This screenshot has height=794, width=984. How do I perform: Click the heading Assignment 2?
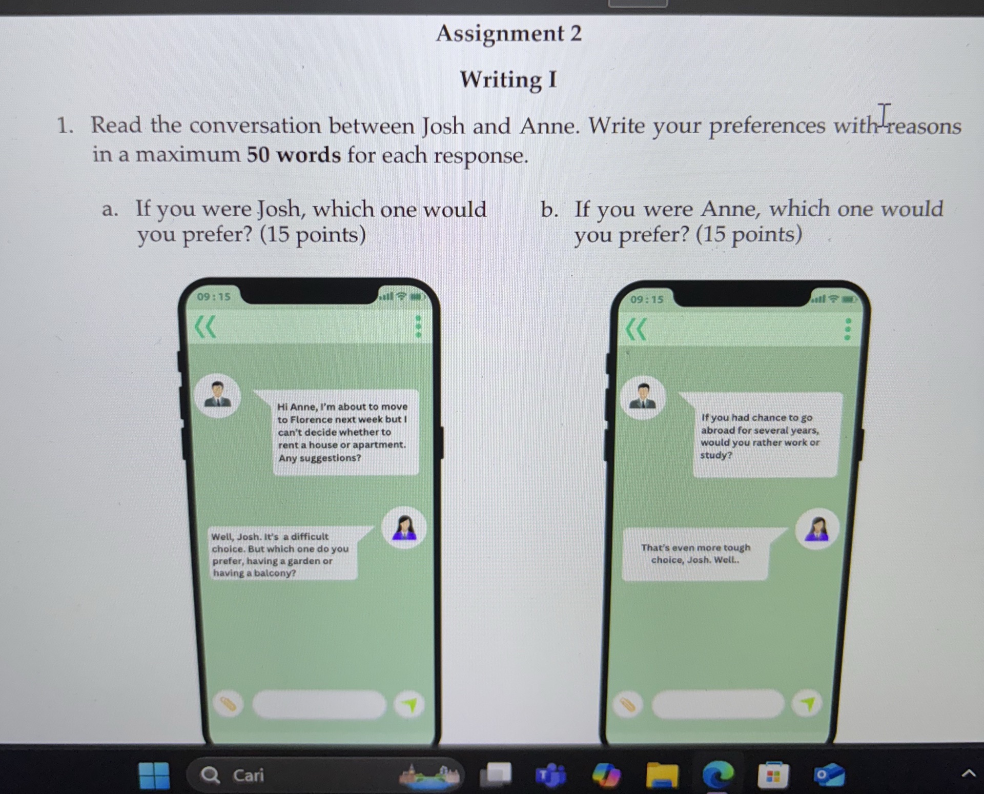tap(509, 34)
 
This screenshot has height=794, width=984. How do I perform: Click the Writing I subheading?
tap(508, 80)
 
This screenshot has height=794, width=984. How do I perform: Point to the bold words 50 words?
tap(294, 155)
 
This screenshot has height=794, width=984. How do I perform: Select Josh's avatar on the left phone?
tap(218, 395)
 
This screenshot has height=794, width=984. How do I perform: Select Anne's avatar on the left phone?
tap(404, 528)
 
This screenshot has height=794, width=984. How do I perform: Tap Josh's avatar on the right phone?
tap(643, 398)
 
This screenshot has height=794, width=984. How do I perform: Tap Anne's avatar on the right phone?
tap(817, 529)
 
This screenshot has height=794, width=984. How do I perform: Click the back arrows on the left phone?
tap(206, 327)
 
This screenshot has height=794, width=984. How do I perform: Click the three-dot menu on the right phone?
tap(847, 329)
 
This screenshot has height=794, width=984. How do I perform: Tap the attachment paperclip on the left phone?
tap(228, 704)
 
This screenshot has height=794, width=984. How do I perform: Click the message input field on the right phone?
tap(717, 704)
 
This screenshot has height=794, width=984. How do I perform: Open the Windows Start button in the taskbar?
tap(154, 776)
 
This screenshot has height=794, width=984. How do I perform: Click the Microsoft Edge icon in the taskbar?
tap(718, 775)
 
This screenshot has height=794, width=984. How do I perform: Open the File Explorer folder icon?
tap(662, 775)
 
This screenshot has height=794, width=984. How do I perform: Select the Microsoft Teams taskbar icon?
tap(551, 776)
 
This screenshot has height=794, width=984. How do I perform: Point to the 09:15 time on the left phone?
tap(214, 297)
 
